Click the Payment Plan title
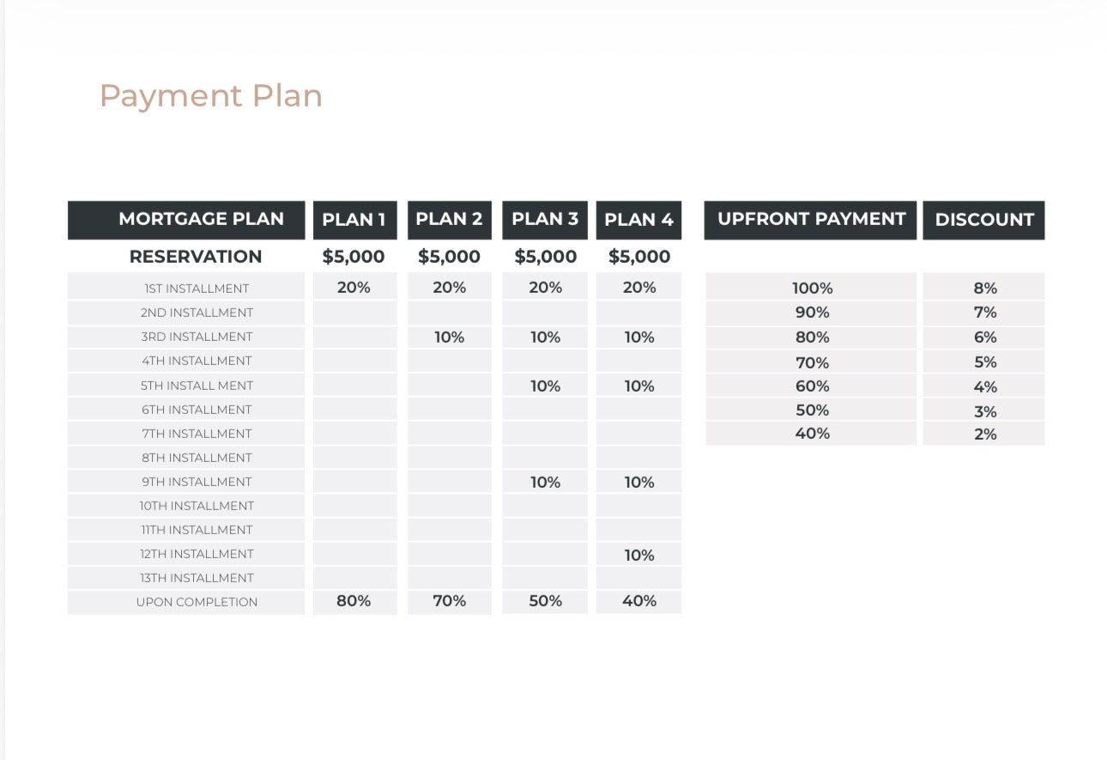(211, 96)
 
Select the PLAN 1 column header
(354, 220)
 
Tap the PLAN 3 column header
(545, 219)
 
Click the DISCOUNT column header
(984, 220)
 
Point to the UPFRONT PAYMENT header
(811, 219)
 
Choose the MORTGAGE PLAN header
(201, 219)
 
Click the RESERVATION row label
(196, 257)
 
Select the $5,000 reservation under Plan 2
(449, 257)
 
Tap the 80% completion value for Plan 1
(354, 601)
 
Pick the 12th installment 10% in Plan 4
(639, 556)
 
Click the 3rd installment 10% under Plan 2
(449, 337)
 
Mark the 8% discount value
(985, 289)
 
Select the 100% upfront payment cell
(812, 289)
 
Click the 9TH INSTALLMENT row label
(197, 482)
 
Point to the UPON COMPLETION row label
(197, 602)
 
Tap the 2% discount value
(985, 435)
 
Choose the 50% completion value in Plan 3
(545, 601)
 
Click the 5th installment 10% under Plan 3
(545, 386)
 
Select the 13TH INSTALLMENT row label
(197, 578)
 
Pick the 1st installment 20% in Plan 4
(639, 288)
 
